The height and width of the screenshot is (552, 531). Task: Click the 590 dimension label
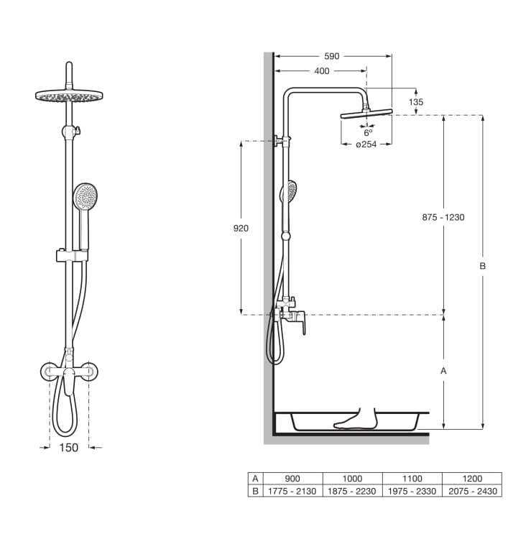click(x=331, y=56)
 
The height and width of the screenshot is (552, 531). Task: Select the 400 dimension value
click(x=322, y=71)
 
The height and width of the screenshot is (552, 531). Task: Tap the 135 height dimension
click(x=416, y=102)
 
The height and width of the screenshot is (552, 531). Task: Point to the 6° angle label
click(x=368, y=133)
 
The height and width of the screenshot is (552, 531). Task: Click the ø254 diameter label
click(x=366, y=144)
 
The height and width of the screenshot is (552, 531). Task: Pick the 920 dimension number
click(x=241, y=229)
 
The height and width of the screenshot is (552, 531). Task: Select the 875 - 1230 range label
click(x=443, y=218)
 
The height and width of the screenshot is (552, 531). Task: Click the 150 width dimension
click(x=68, y=448)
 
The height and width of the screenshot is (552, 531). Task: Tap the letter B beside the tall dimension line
click(x=482, y=266)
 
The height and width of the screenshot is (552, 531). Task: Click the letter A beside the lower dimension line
click(x=443, y=371)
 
